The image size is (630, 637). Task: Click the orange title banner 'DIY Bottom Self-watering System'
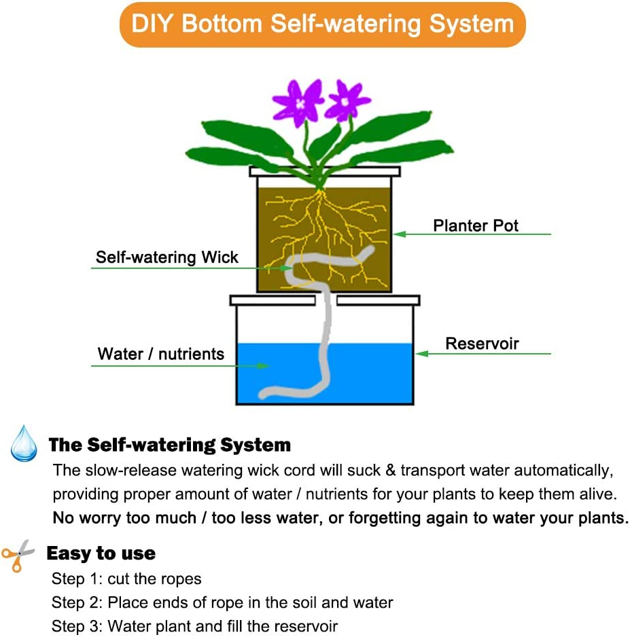[x=322, y=24]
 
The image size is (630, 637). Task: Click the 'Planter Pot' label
[x=476, y=225]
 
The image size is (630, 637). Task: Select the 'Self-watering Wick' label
[x=167, y=257]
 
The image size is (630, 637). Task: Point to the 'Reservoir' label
[x=482, y=344]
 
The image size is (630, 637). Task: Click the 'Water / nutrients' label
[x=161, y=354]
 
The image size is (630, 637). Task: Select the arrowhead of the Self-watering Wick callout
[x=287, y=268]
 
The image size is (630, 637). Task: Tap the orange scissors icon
[x=18, y=555]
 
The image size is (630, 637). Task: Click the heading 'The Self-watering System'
[x=170, y=445]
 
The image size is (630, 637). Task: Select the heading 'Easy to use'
[x=101, y=553]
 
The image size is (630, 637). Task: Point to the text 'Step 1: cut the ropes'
[x=126, y=579]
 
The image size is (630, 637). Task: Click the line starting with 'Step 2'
[x=222, y=602]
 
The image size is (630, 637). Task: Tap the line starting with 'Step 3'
[x=194, y=625]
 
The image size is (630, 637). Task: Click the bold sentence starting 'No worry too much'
[x=340, y=517]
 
